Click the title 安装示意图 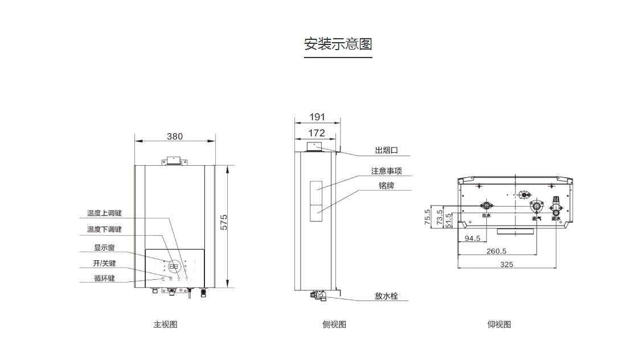338,44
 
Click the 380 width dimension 175,137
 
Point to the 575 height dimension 224,222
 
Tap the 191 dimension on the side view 317,117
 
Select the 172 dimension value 316,133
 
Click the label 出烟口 386,150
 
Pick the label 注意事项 390,171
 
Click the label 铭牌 386,186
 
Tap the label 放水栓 386,296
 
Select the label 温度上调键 104,214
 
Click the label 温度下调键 104,230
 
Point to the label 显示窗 104,248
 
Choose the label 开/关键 104,263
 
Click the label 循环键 104,279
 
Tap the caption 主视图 165,325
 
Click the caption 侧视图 334,325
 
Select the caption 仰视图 499,325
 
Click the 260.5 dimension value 496,251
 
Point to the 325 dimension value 506,264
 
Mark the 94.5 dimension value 472,239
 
